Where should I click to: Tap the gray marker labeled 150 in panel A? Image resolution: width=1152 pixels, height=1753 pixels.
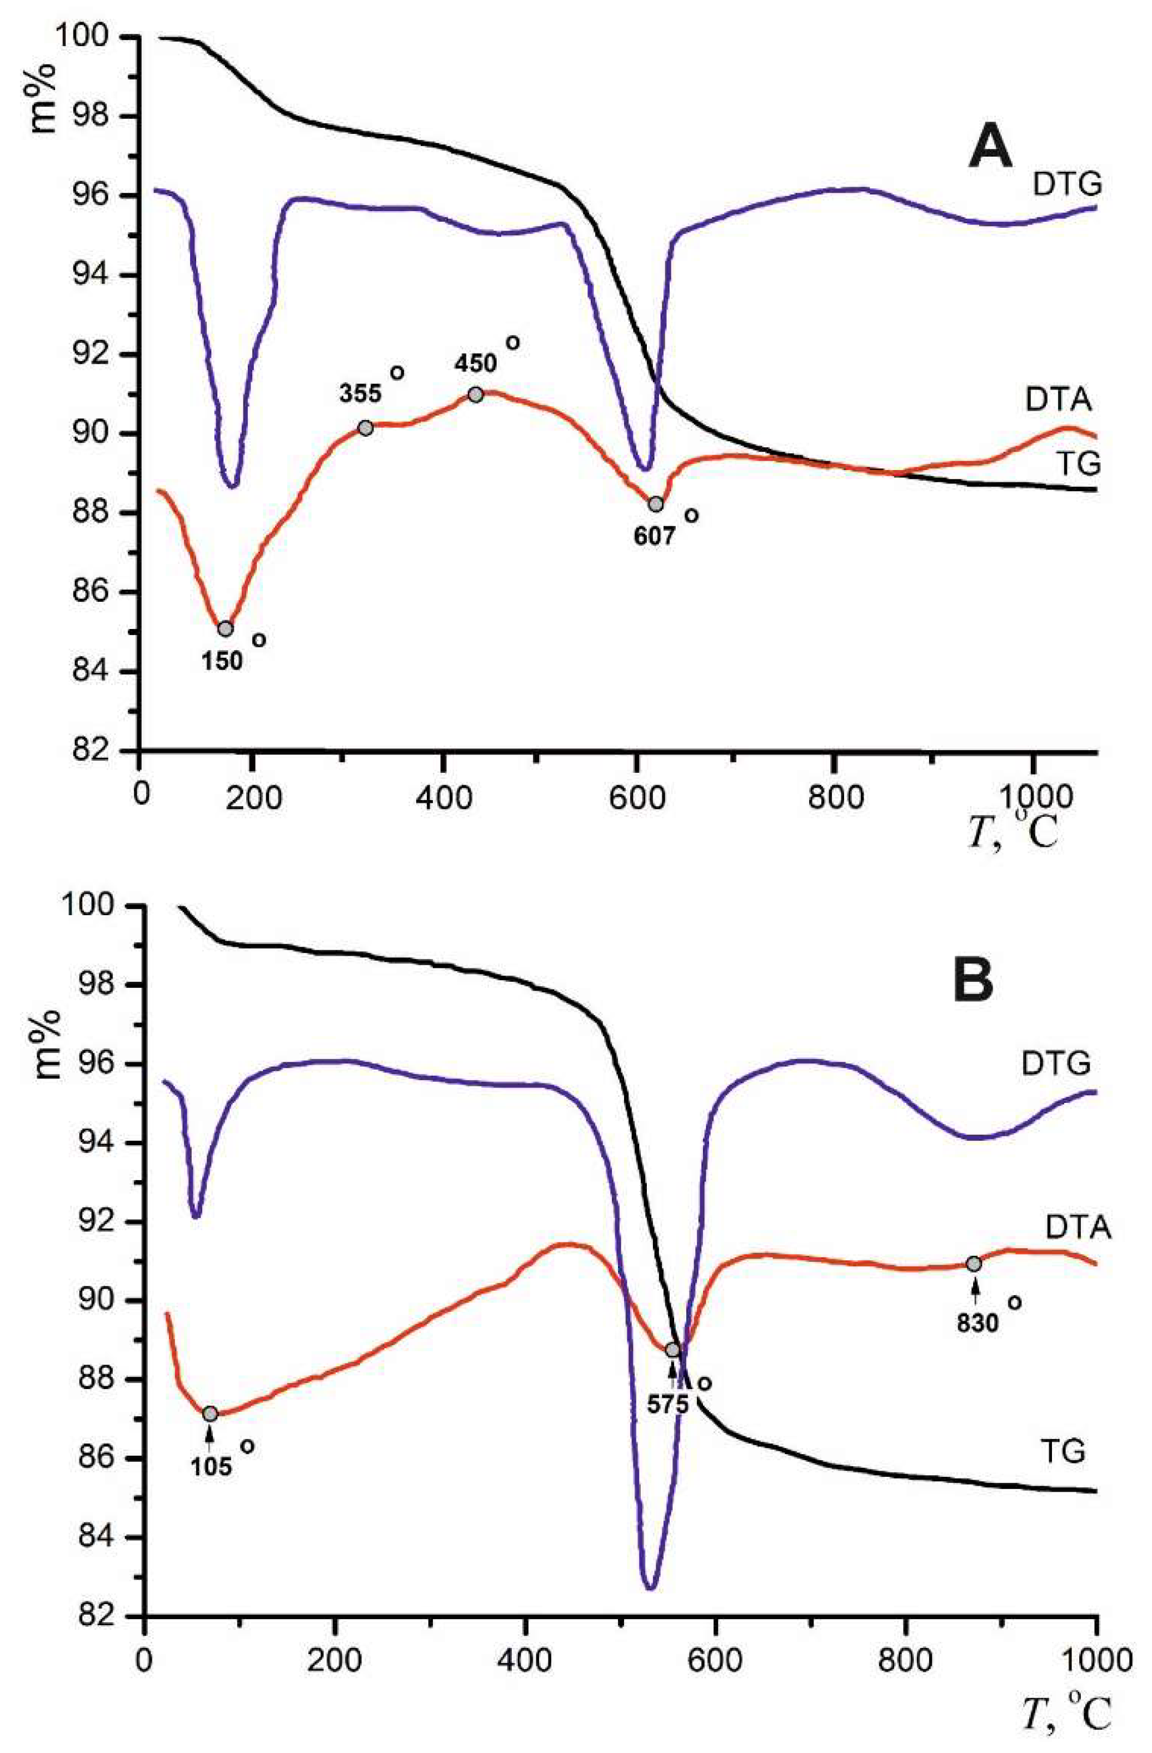point(226,628)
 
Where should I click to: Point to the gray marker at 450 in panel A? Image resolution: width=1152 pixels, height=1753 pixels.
point(475,395)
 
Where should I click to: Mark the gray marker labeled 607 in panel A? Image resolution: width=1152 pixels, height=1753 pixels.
point(656,504)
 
